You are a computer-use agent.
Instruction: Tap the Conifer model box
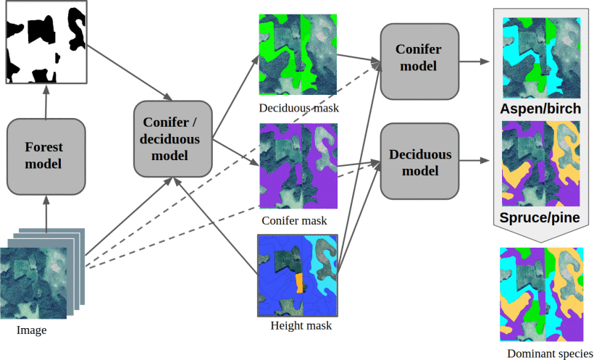pyautogui.click(x=420, y=61)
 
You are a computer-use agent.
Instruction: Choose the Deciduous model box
pyautogui.click(x=420, y=162)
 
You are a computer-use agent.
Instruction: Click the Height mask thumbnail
pyautogui.click(x=299, y=275)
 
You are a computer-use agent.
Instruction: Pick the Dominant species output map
pyautogui.click(x=542, y=294)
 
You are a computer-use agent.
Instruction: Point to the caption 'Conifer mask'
pyautogui.click(x=295, y=219)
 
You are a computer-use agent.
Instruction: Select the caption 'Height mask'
pyautogui.click(x=301, y=326)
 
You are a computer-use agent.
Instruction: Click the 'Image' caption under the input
pyautogui.click(x=31, y=330)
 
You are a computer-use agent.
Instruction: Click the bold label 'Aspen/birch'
pyautogui.click(x=540, y=109)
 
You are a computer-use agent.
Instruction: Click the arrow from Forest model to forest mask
pyautogui.click(x=46, y=101)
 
